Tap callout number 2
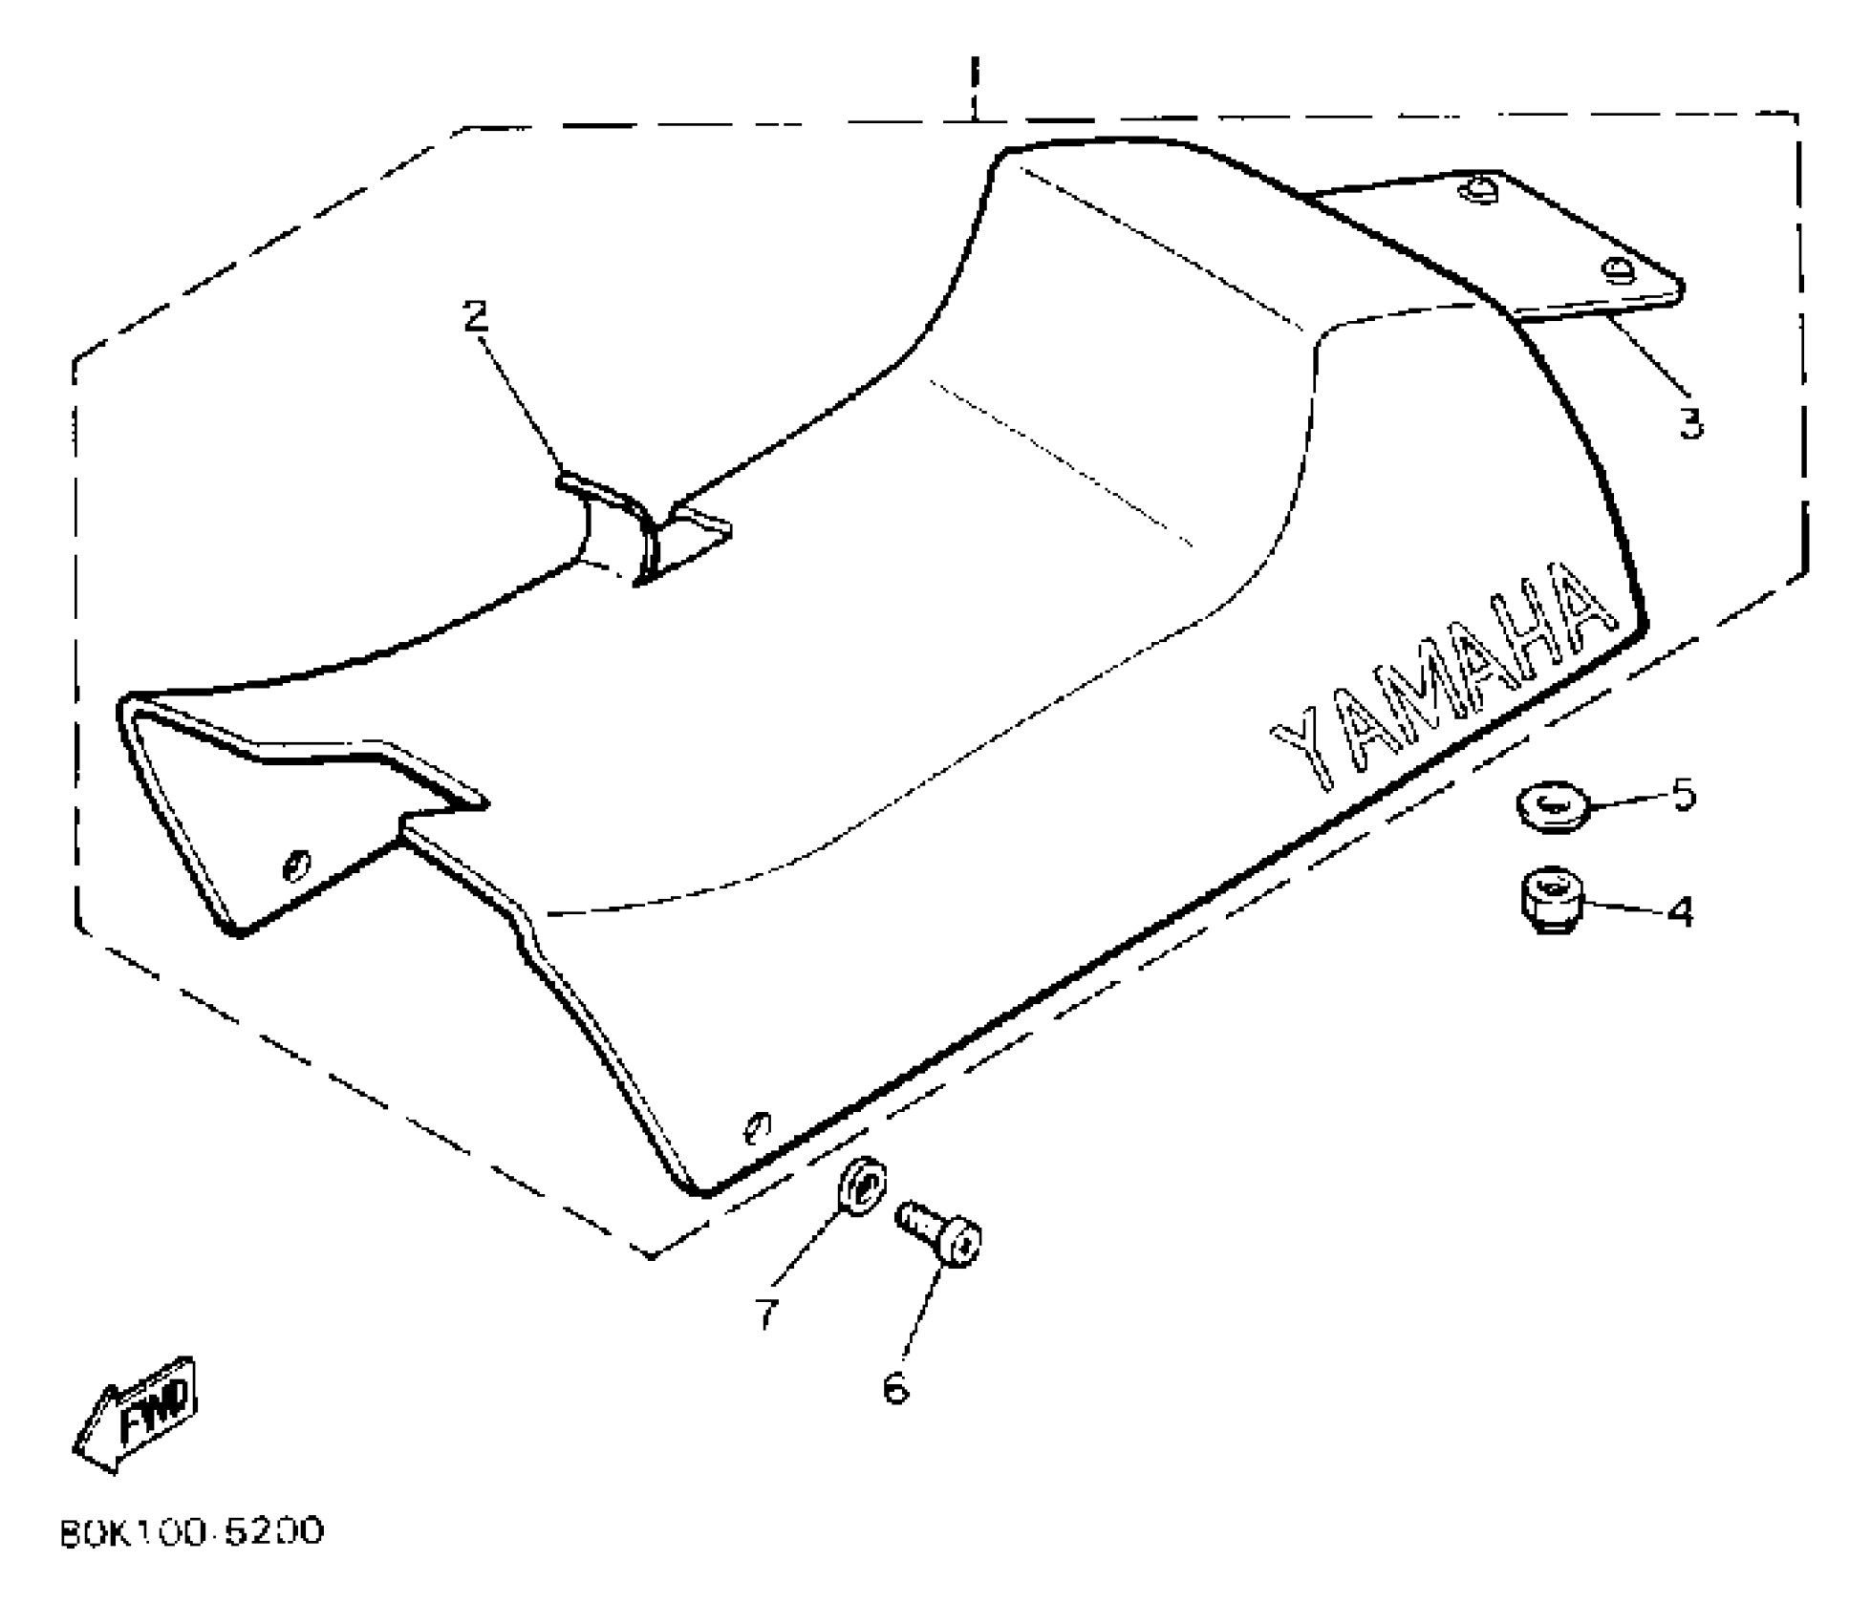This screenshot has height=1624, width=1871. click(475, 315)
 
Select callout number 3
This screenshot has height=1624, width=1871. click(1691, 421)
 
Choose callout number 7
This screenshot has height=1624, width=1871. click(766, 1313)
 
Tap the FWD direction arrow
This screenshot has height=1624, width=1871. click(139, 1414)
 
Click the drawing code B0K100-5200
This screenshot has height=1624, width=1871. click(192, 1531)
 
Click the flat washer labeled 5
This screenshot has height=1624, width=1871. click(1552, 808)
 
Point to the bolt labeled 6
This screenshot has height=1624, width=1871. click(941, 1233)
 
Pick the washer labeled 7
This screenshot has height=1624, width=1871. click(862, 1186)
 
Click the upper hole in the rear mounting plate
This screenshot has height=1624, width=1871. click(1478, 191)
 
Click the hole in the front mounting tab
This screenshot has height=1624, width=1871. click(298, 865)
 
